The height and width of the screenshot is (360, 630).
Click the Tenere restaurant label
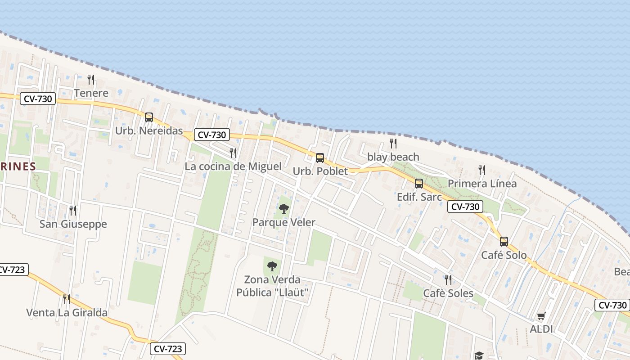(x=91, y=93)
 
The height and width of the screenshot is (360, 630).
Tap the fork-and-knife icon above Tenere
(x=91, y=80)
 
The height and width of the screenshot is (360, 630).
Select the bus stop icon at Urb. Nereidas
(x=149, y=117)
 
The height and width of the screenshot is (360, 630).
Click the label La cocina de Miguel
(x=233, y=166)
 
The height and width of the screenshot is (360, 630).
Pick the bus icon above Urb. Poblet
(x=320, y=158)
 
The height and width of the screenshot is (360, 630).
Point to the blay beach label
(x=393, y=157)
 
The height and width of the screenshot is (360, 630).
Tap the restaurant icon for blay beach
(x=393, y=144)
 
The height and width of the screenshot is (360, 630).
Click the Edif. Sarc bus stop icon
(x=419, y=184)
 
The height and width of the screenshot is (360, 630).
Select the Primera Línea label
(x=482, y=184)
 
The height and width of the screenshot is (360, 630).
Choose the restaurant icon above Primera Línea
(x=482, y=170)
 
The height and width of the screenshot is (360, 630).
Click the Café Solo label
(x=504, y=255)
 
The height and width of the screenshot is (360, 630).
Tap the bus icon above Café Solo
(x=504, y=242)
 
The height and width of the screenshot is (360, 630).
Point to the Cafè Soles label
(x=448, y=293)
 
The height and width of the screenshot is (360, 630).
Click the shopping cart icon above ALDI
(x=541, y=316)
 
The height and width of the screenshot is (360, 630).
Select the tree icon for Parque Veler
(x=284, y=209)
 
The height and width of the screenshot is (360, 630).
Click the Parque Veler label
(x=284, y=222)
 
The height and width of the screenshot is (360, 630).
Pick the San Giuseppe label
(x=73, y=224)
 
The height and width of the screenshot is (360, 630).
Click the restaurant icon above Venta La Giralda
(x=67, y=299)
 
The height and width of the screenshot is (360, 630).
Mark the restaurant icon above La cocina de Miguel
(x=233, y=153)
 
